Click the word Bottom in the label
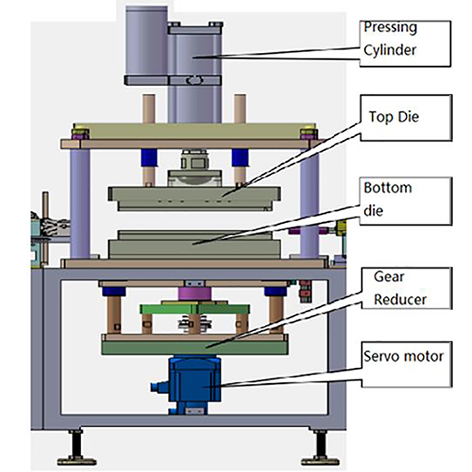[x=388, y=188]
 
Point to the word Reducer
[x=400, y=299]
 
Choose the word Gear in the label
[x=389, y=277]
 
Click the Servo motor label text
[x=403, y=357]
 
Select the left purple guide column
[x=79, y=201]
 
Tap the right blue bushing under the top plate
[x=239, y=157]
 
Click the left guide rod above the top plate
[x=149, y=108]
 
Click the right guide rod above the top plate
[x=239, y=108]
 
